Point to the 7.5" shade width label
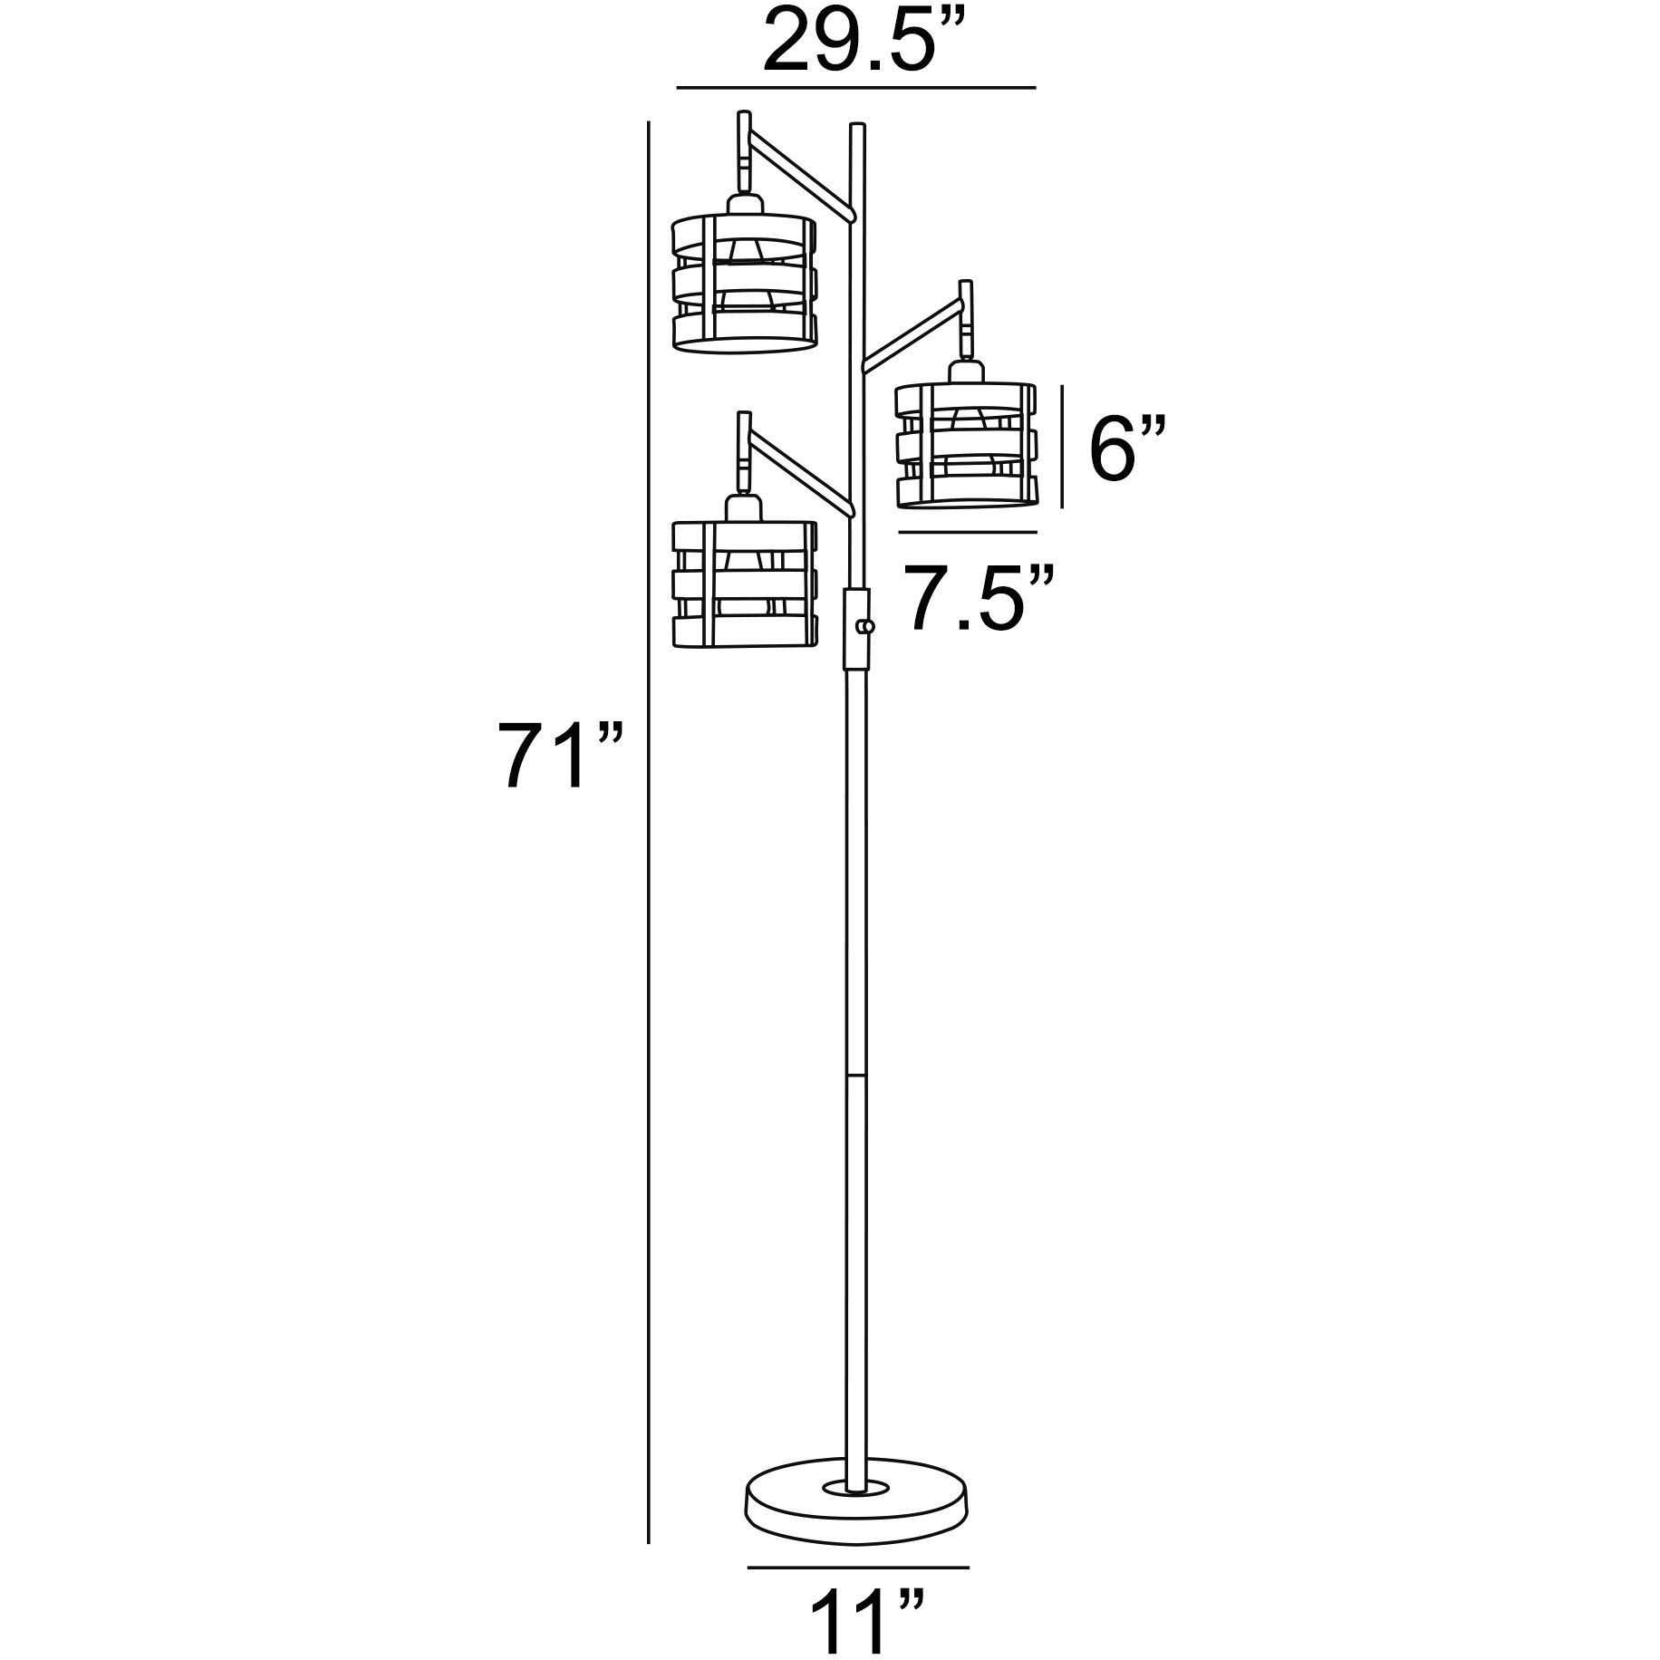click(x=982, y=597)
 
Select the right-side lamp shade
click(x=966, y=446)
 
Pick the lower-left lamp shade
click(x=745, y=584)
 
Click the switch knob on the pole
click(x=869, y=626)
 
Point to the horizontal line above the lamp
click(x=855, y=88)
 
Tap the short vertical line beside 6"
click(x=1062, y=446)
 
